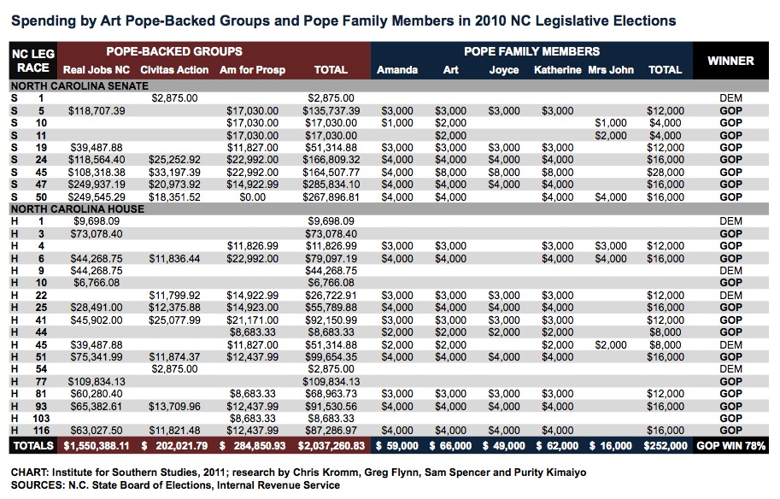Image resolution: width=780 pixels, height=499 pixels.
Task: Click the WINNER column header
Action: coord(730,61)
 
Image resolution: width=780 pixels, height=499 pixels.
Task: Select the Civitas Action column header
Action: coord(174,70)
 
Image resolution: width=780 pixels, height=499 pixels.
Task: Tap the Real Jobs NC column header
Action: coord(97,70)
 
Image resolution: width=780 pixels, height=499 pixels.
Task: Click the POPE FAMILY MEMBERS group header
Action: coord(531,51)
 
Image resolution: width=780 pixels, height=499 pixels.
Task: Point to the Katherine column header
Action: coord(557,70)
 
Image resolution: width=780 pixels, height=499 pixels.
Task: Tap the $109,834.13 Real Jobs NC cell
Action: coord(97,381)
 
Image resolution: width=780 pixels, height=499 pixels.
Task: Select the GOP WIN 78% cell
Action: coord(730,445)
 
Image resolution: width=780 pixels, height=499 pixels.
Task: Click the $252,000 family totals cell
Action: coord(665,445)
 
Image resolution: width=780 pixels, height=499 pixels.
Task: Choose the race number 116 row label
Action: coord(40,431)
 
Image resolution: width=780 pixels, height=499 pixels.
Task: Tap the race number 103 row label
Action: coord(40,419)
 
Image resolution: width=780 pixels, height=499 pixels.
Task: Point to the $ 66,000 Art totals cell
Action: coord(451,445)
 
